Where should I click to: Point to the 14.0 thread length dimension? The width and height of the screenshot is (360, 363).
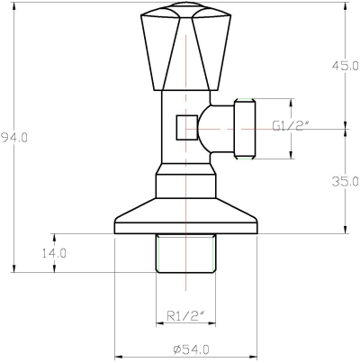(x=53, y=253)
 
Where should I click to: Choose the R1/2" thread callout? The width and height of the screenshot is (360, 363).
(x=185, y=315)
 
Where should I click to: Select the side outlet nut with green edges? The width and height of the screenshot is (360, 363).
(x=242, y=129)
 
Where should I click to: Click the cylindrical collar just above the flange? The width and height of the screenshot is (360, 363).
(x=185, y=186)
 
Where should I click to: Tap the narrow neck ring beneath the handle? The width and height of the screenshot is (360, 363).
(x=185, y=93)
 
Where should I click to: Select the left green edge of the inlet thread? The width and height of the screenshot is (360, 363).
(x=157, y=253)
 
